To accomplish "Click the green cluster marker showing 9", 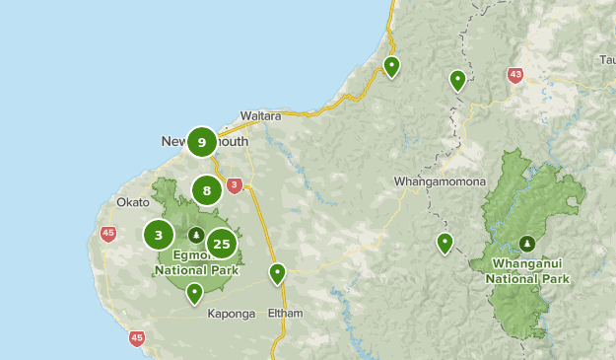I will [x=201, y=142].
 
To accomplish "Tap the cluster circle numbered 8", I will [x=206, y=190].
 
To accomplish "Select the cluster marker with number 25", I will [x=222, y=244].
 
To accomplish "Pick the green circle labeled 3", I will [x=159, y=235].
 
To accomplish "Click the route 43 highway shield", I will [x=515, y=75].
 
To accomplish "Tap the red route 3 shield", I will [x=234, y=184].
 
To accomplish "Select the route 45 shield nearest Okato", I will [x=107, y=234].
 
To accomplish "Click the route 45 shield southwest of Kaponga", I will [x=136, y=338].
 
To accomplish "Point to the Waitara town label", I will [x=260, y=115].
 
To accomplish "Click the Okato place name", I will [x=132, y=201].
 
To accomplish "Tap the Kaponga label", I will [x=232, y=314].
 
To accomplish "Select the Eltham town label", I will [x=285, y=314].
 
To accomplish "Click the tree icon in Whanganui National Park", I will [x=527, y=244].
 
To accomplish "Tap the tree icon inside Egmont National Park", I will [x=196, y=236].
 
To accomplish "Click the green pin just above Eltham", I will [x=278, y=273].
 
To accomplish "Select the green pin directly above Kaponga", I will [x=195, y=292].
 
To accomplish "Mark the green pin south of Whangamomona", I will [x=445, y=243].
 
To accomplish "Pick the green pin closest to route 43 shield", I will [x=457, y=80].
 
